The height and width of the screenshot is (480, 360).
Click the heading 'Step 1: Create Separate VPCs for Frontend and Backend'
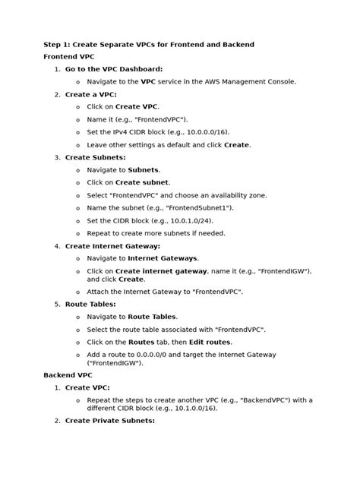[148, 44]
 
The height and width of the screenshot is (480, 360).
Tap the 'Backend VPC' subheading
[69, 374]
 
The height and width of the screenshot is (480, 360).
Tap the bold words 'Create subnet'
[143, 182]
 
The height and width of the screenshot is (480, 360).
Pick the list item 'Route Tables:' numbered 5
[90, 304]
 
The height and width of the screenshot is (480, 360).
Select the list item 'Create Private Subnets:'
[110, 420]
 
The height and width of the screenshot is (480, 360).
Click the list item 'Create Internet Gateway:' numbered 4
[112, 246]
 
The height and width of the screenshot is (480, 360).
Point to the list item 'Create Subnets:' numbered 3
[95, 157]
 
